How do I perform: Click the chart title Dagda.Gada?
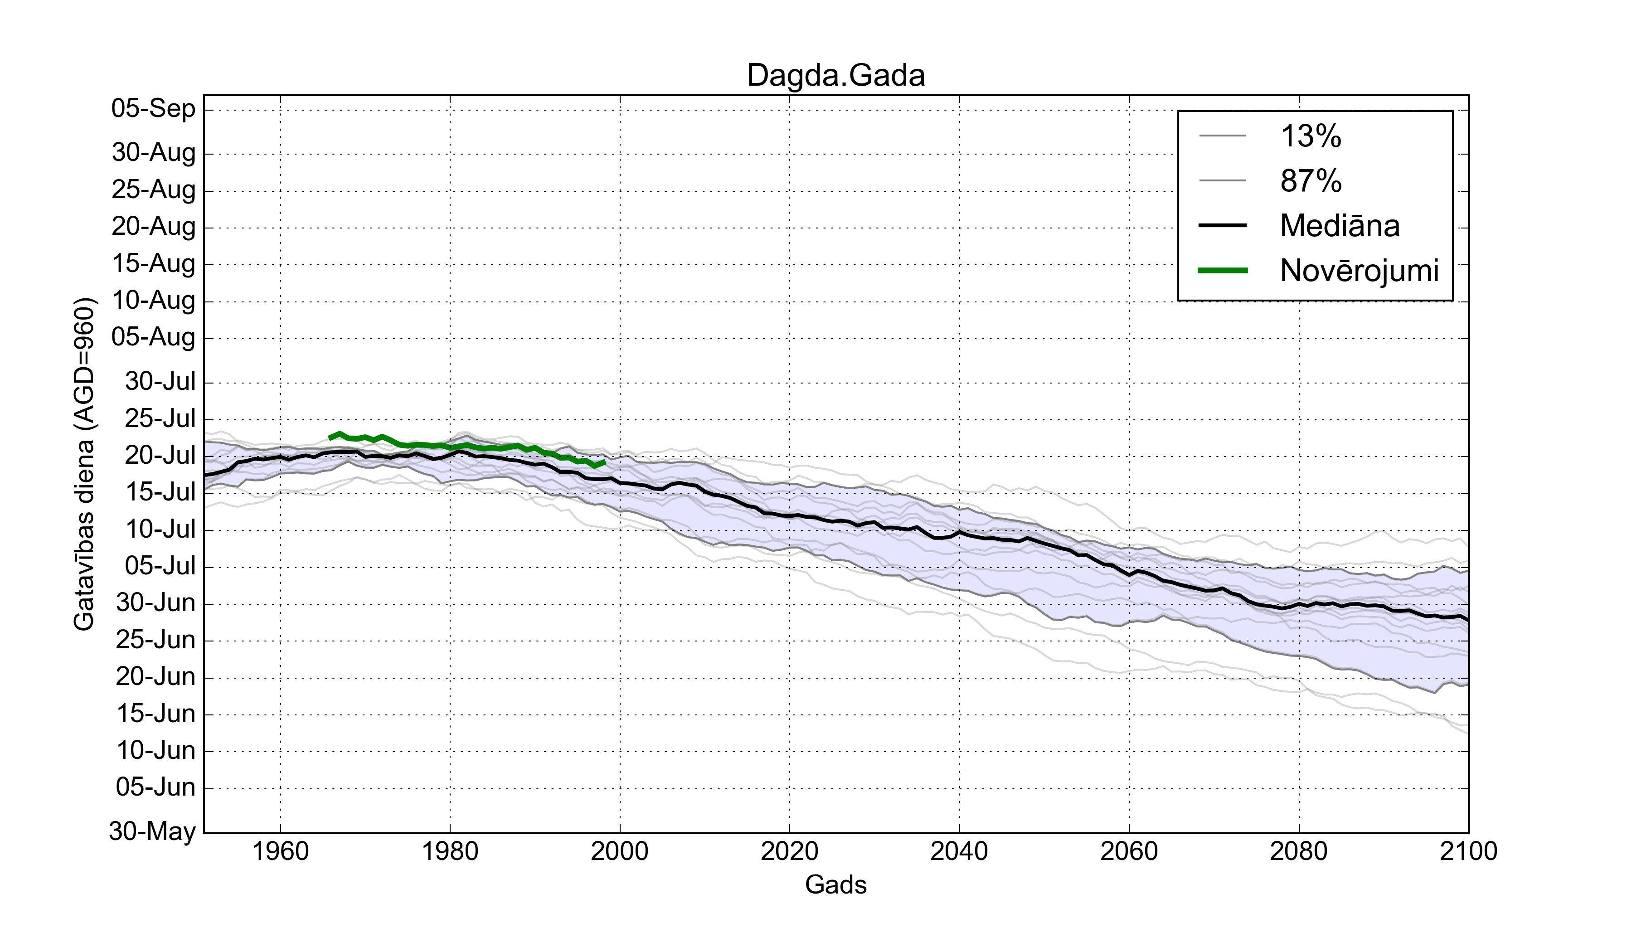point(835,76)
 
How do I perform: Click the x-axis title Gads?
point(835,884)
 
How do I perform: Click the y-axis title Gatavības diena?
point(84,464)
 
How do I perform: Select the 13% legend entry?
point(1311,136)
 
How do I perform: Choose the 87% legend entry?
point(1311,181)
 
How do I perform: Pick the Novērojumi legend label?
point(1359,271)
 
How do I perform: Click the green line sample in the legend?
point(1223,271)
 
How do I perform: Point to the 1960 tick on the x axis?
point(281,851)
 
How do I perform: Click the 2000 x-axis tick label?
point(620,851)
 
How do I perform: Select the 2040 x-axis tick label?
point(959,851)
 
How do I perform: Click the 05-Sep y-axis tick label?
point(154,108)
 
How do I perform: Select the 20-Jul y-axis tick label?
point(160,456)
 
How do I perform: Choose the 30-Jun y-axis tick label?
point(155,603)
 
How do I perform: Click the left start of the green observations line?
point(330,438)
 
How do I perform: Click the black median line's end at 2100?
point(1467,620)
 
